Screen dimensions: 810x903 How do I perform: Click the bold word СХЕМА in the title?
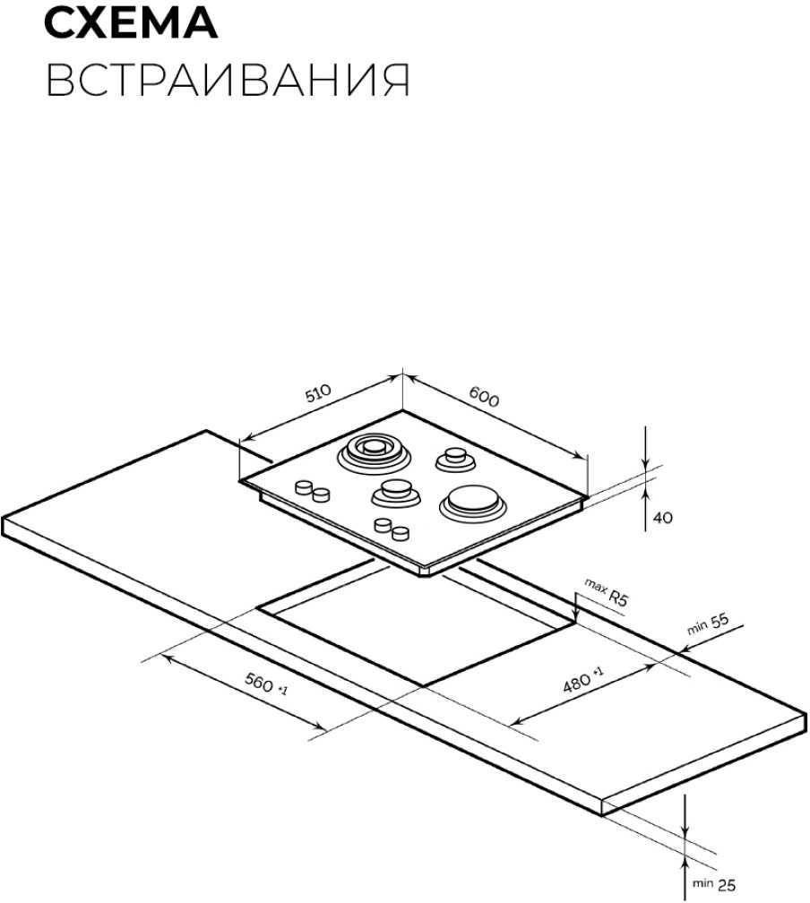[x=131, y=23]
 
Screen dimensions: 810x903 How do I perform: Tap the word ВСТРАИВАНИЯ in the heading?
[x=228, y=80]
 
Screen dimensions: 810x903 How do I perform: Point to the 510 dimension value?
[x=319, y=394]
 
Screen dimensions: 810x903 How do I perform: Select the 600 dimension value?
[x=483, y=396]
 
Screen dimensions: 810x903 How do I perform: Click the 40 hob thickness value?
[x=662, y=518]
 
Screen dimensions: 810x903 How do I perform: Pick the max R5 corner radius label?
[x=606, y=593]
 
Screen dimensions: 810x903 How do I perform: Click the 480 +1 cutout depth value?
[x=583, y=680]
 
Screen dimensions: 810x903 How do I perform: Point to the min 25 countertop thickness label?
[x=714, y=883]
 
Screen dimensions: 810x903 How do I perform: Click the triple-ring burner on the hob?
[x=374, y=453]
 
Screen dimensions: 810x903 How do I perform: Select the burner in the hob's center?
[x=394, y=494]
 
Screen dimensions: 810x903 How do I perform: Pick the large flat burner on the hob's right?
[x=473, y=503]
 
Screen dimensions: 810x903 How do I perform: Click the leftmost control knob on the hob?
[x=303, y=487]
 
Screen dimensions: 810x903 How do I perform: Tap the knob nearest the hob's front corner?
[x=400, y=533]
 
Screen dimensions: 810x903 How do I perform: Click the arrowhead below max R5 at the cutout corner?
[x=575, y=617]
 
